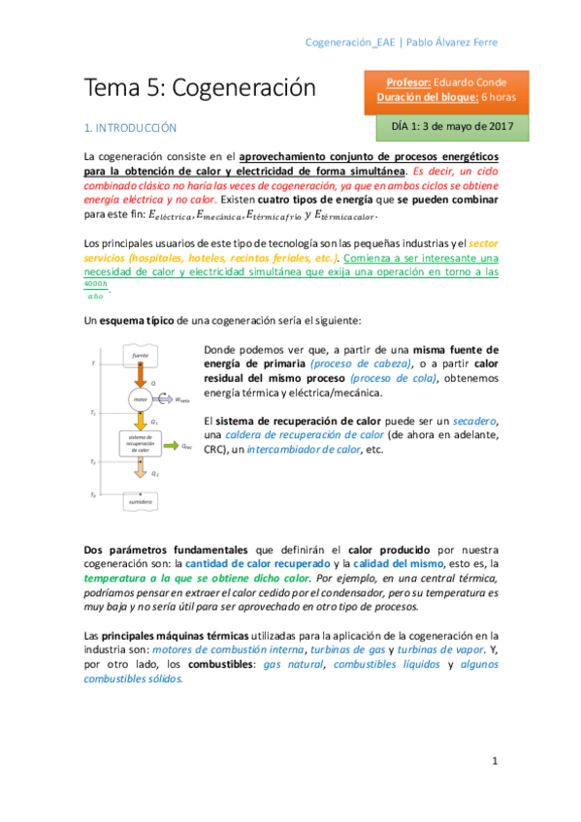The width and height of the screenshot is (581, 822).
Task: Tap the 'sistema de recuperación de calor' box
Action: tap(142, 445)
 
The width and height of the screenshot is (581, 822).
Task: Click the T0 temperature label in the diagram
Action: tap(93, 495)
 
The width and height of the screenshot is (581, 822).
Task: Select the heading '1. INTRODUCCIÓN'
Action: tap(131, 127)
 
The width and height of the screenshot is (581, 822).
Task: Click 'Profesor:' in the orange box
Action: tap(411, 82)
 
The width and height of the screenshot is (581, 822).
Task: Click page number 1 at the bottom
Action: tap(494, 761)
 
